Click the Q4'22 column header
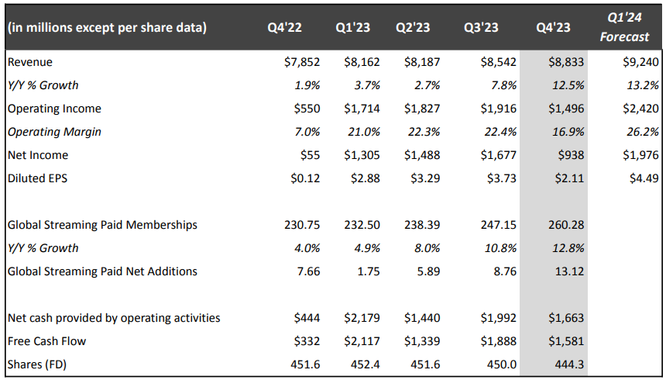click(284, 28)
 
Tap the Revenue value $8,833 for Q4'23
click(567, 62)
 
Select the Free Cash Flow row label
click(46, 341)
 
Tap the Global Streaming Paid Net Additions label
click(101, 271)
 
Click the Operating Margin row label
click(54, 132)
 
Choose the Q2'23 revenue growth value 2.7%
click(424, 85)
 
